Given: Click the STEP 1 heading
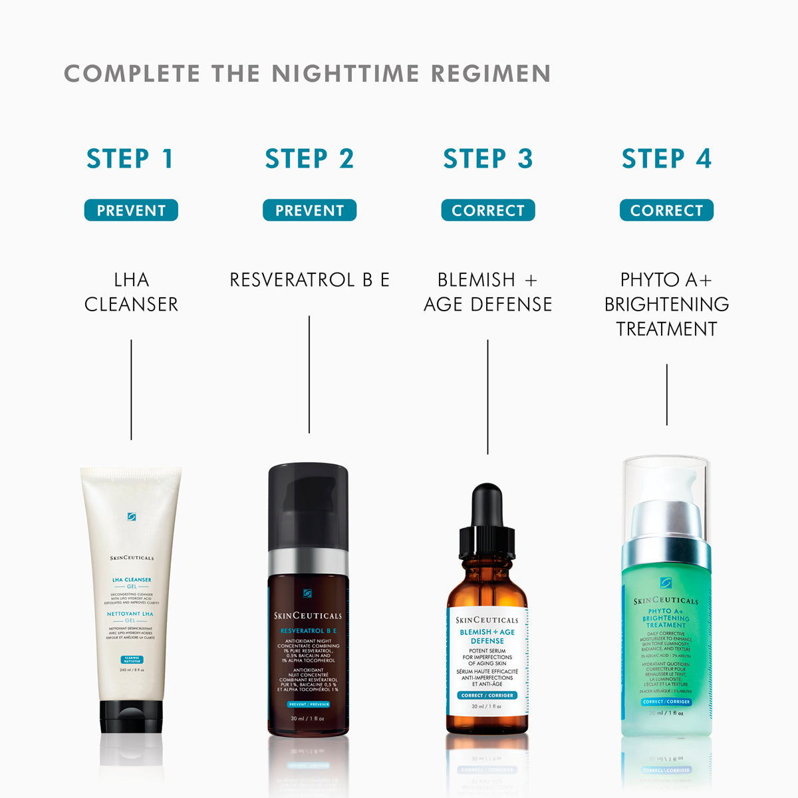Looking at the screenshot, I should point(130,159).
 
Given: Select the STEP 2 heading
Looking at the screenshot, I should point(309,159).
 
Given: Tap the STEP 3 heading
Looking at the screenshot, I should point(488,159).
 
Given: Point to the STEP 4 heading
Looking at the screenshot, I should point(666,159).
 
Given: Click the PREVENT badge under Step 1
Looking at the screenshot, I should point(131,210).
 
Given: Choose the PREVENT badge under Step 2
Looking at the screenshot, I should point(309,210).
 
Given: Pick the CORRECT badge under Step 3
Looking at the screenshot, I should point(488,210).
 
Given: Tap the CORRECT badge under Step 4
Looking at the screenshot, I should point(666,210).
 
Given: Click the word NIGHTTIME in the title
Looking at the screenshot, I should point(345,73).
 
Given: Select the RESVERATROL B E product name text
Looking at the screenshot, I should point(309,280).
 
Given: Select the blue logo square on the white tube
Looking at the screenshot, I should point(132,517).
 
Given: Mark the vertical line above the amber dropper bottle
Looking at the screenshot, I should point(487,397).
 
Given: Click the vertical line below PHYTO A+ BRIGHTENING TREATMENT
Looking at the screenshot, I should point(666,394).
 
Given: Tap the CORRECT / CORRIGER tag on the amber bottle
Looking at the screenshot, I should point(487,696).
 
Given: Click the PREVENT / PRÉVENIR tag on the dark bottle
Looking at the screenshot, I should point(309,704).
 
